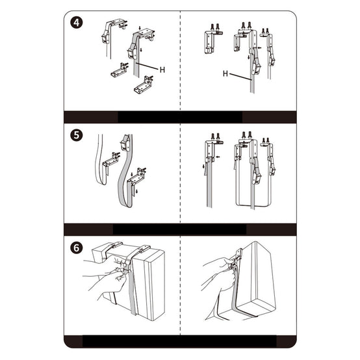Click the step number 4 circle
coord(77,23)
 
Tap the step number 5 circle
coord(77,135)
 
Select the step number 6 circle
coord(77,248)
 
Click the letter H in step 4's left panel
coord(162,70)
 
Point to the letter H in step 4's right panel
coord(225,73)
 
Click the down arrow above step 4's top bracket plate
coord(140,28)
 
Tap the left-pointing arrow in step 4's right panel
coord(259,47)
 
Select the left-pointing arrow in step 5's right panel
coord(218,157)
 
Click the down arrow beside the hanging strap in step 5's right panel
coord(203,166)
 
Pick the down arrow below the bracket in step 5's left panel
coord(137,191)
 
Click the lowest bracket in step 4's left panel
coord(144,84)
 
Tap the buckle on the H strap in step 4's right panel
coord(256,66)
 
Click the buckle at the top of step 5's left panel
coord(125,142)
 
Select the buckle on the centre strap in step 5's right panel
coord(257,176)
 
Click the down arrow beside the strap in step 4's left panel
coord(142,50)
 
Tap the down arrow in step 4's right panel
coord(249,57)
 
